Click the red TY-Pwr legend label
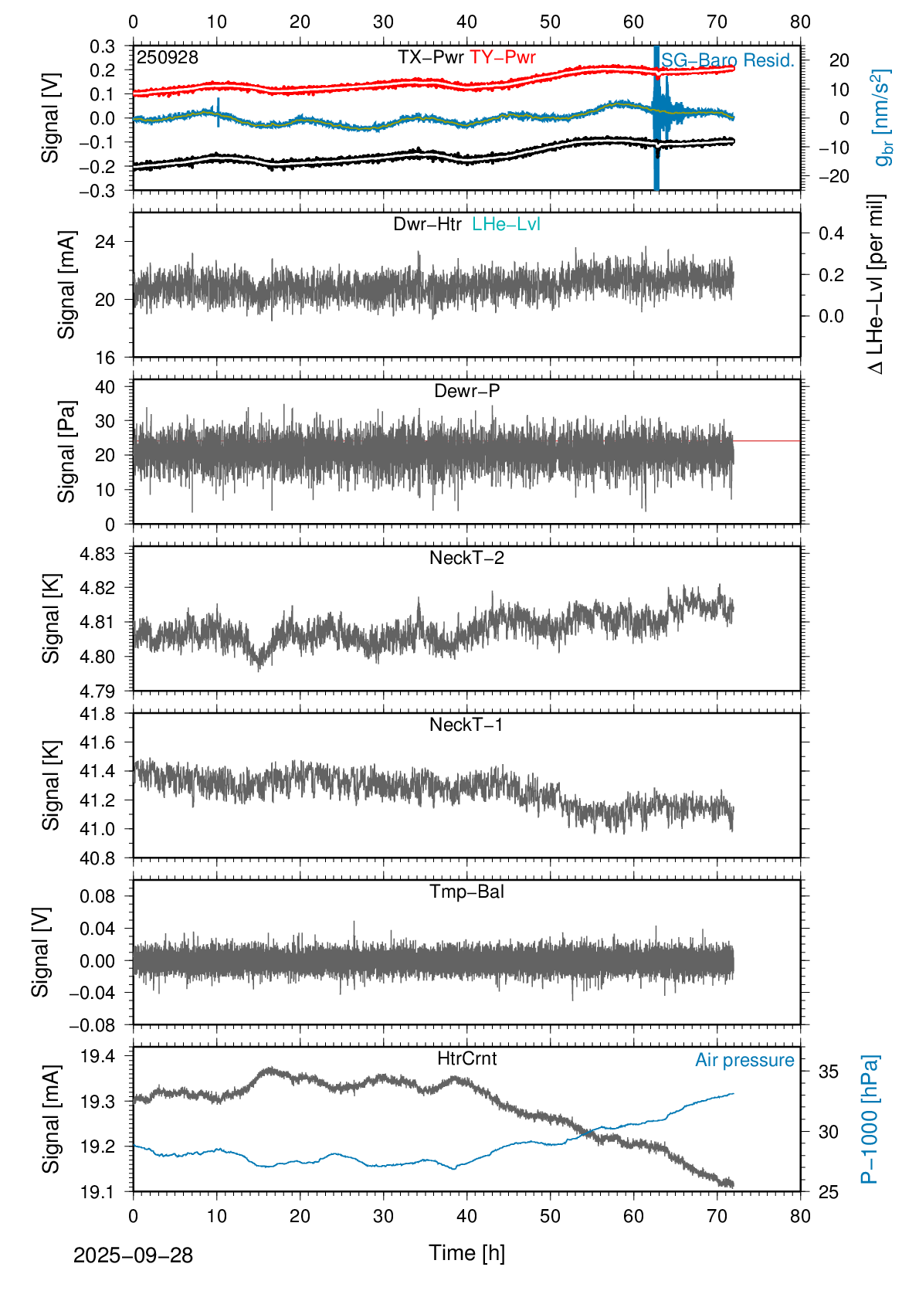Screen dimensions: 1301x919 tap(502, 57)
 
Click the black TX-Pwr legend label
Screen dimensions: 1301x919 tap(430, 57)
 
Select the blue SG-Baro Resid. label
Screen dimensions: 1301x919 tap(727, 60)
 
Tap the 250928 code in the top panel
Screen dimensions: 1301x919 tap(168, 57)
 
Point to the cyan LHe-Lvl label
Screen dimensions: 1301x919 tap(506, 224)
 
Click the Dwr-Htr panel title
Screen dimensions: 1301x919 tap(427, 224)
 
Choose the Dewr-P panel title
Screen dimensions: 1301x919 tap(466, 391)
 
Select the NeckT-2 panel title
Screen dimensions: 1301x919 tap(466, 558)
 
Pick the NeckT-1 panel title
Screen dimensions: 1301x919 tap(466, 725)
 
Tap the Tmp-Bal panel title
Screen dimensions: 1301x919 tap(466, 892)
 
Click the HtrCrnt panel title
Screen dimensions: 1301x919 tap(466, 1058)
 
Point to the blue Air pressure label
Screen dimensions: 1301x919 tap(744, 1060)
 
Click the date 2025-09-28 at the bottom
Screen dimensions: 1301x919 tap(133, 1255)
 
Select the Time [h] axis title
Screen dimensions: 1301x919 tap(466, 1253)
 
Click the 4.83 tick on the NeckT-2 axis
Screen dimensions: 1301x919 tap(97, 554)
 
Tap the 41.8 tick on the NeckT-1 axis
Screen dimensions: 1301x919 tap(97, 714)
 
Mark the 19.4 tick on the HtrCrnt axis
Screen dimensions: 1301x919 tap(97, 1056)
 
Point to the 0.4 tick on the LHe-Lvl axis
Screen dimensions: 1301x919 tap(831, 233)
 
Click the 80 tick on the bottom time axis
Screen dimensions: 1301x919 tap(800, 1216)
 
